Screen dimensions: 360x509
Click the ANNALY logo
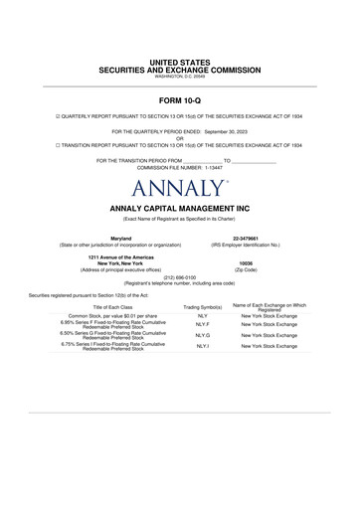(179, 186)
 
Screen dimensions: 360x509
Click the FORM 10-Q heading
(179, 101)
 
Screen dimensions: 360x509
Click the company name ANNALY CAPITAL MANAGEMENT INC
(179, 208)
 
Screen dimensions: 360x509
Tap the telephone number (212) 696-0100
(179, 277)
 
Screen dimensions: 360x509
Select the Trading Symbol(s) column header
(202, 308)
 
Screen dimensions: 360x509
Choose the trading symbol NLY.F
(202, 325)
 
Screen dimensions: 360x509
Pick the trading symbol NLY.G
(202, 336)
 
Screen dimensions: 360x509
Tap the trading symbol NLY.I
(202, 346)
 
